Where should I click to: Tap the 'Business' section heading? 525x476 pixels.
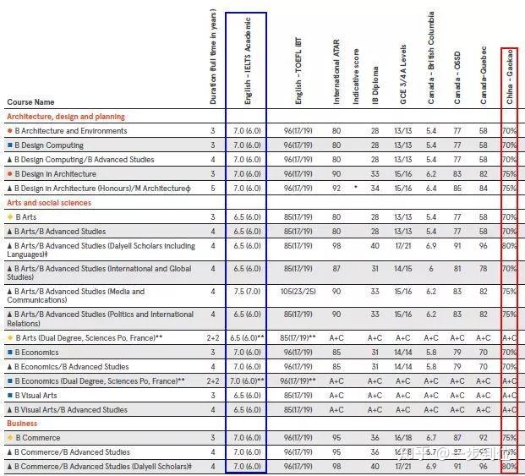point(22,423)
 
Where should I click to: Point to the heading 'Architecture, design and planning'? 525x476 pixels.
point(66,117)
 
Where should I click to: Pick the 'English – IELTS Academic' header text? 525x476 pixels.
point(248,64)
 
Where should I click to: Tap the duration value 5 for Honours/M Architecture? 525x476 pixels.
point(213,188)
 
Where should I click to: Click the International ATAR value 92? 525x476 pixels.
point(337,188)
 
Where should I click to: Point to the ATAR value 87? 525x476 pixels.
point(337,269)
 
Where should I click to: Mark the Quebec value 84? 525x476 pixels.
point(484,188)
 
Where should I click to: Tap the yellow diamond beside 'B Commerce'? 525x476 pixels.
point(9,438)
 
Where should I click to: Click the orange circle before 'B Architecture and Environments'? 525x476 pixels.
point(9,131)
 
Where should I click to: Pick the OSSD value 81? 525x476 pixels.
point(457,269)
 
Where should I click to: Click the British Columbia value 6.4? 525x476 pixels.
point(431,188)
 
